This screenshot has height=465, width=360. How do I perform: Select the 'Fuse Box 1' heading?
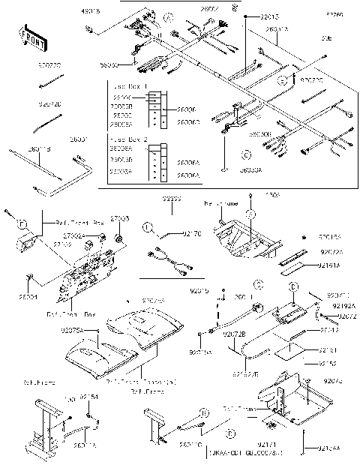click(x=127, y=88)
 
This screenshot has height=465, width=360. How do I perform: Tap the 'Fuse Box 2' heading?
click(x=127, y=140)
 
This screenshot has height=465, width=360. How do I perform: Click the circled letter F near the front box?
click(x=22, y=223)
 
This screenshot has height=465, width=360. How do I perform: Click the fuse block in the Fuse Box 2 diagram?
click(x=153, y=162)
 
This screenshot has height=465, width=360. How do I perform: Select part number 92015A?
click(x=200, y=351)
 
